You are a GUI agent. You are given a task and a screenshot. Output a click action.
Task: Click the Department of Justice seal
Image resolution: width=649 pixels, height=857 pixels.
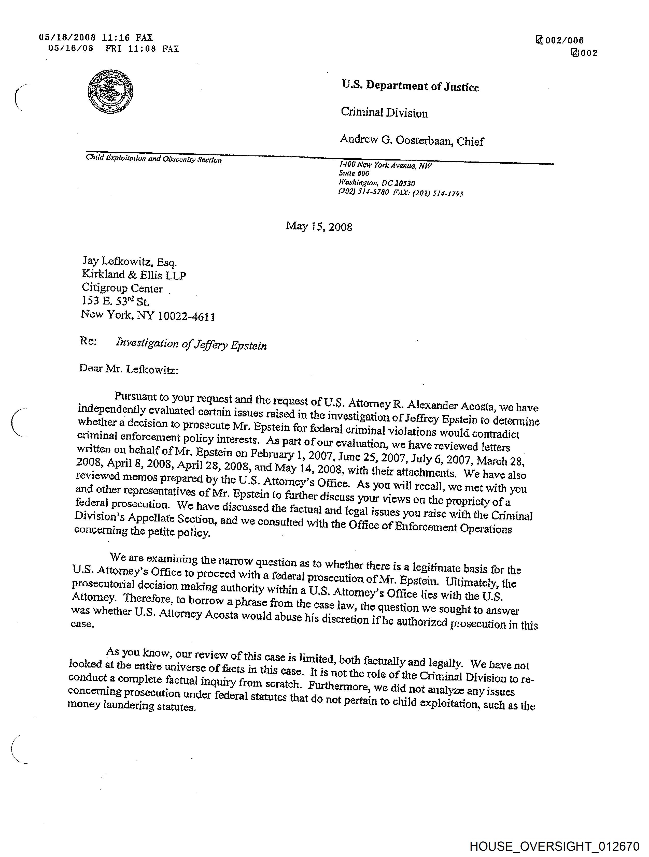(x=110, y=91)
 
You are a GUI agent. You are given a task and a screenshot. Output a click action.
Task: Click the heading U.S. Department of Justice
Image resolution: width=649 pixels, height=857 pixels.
(x=410, y=86)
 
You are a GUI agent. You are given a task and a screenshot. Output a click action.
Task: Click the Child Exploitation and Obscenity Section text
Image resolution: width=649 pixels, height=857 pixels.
(x=153, y=159)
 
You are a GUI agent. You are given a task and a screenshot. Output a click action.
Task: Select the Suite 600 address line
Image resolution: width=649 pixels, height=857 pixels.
(x=354, y=173)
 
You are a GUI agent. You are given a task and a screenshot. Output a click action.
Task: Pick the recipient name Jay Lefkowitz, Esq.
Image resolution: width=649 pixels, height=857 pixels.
(x=129, y=262)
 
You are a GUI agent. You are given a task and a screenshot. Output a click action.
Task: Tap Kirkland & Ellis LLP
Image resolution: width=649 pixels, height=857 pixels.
(x=134, y=275)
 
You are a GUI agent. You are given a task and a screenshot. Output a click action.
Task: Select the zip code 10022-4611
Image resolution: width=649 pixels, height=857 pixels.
(x=186, y=316)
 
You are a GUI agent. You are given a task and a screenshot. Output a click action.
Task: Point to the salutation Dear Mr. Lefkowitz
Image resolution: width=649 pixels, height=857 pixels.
(x=128, y=369)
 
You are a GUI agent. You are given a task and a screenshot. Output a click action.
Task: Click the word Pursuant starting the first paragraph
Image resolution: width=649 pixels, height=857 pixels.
(x=136, y=397)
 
